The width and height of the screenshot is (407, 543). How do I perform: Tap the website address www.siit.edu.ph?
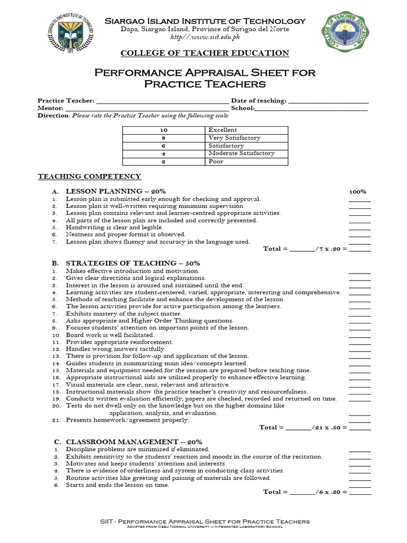pos(205,37)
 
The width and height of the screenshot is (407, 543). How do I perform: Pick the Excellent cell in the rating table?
pos(246,130)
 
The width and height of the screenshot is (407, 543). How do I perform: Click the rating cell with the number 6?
pos(164,146)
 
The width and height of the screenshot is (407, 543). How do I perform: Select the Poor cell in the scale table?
pos(246,161)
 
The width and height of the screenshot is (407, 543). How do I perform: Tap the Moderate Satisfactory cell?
pos(246,153)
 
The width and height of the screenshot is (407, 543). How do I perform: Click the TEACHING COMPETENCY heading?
pos(89,177)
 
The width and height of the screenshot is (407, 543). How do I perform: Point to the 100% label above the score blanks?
pos(358,191)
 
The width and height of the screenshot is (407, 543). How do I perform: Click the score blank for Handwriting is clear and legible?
pos(360,227)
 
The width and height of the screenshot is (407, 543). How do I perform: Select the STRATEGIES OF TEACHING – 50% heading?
pos(132,263)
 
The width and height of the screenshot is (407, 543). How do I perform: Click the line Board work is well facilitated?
pos(110,335)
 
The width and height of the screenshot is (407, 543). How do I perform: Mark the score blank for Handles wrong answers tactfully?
pos(360,349)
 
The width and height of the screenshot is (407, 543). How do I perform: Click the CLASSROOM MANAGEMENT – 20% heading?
pos(134,442)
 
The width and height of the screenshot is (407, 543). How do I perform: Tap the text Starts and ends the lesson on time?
pos(118,485)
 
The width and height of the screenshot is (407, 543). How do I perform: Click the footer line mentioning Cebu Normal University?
pos(205,527)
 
